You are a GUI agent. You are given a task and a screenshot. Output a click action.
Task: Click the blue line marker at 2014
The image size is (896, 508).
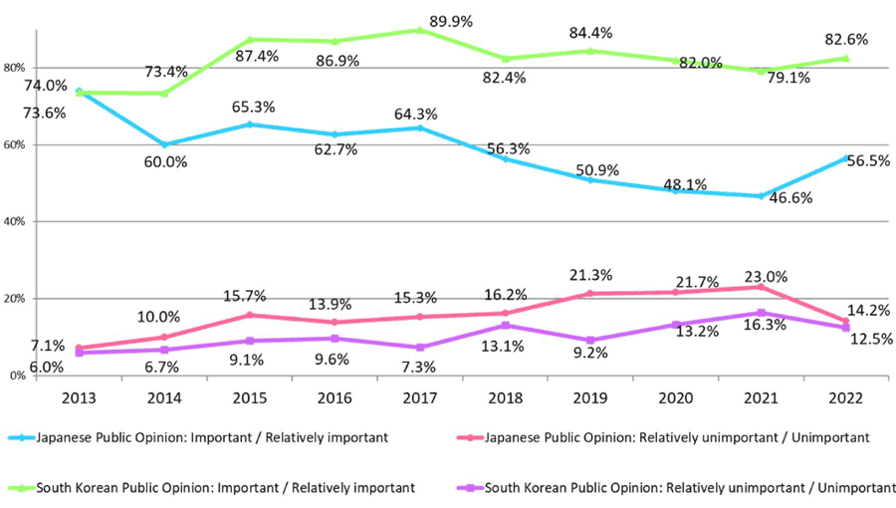point(164,144)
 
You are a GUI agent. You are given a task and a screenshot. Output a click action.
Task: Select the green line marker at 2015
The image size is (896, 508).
point(250,40)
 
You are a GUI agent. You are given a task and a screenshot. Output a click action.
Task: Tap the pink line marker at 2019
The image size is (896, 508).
point(590,294)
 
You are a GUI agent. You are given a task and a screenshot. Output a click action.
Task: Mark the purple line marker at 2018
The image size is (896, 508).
point(506,326)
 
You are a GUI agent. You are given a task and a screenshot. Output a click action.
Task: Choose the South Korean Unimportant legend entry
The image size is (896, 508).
point(678,487)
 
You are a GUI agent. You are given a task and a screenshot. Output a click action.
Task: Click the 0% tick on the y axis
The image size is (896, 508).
point(16,376)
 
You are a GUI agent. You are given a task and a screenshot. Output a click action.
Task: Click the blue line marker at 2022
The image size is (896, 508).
point(846,157)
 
